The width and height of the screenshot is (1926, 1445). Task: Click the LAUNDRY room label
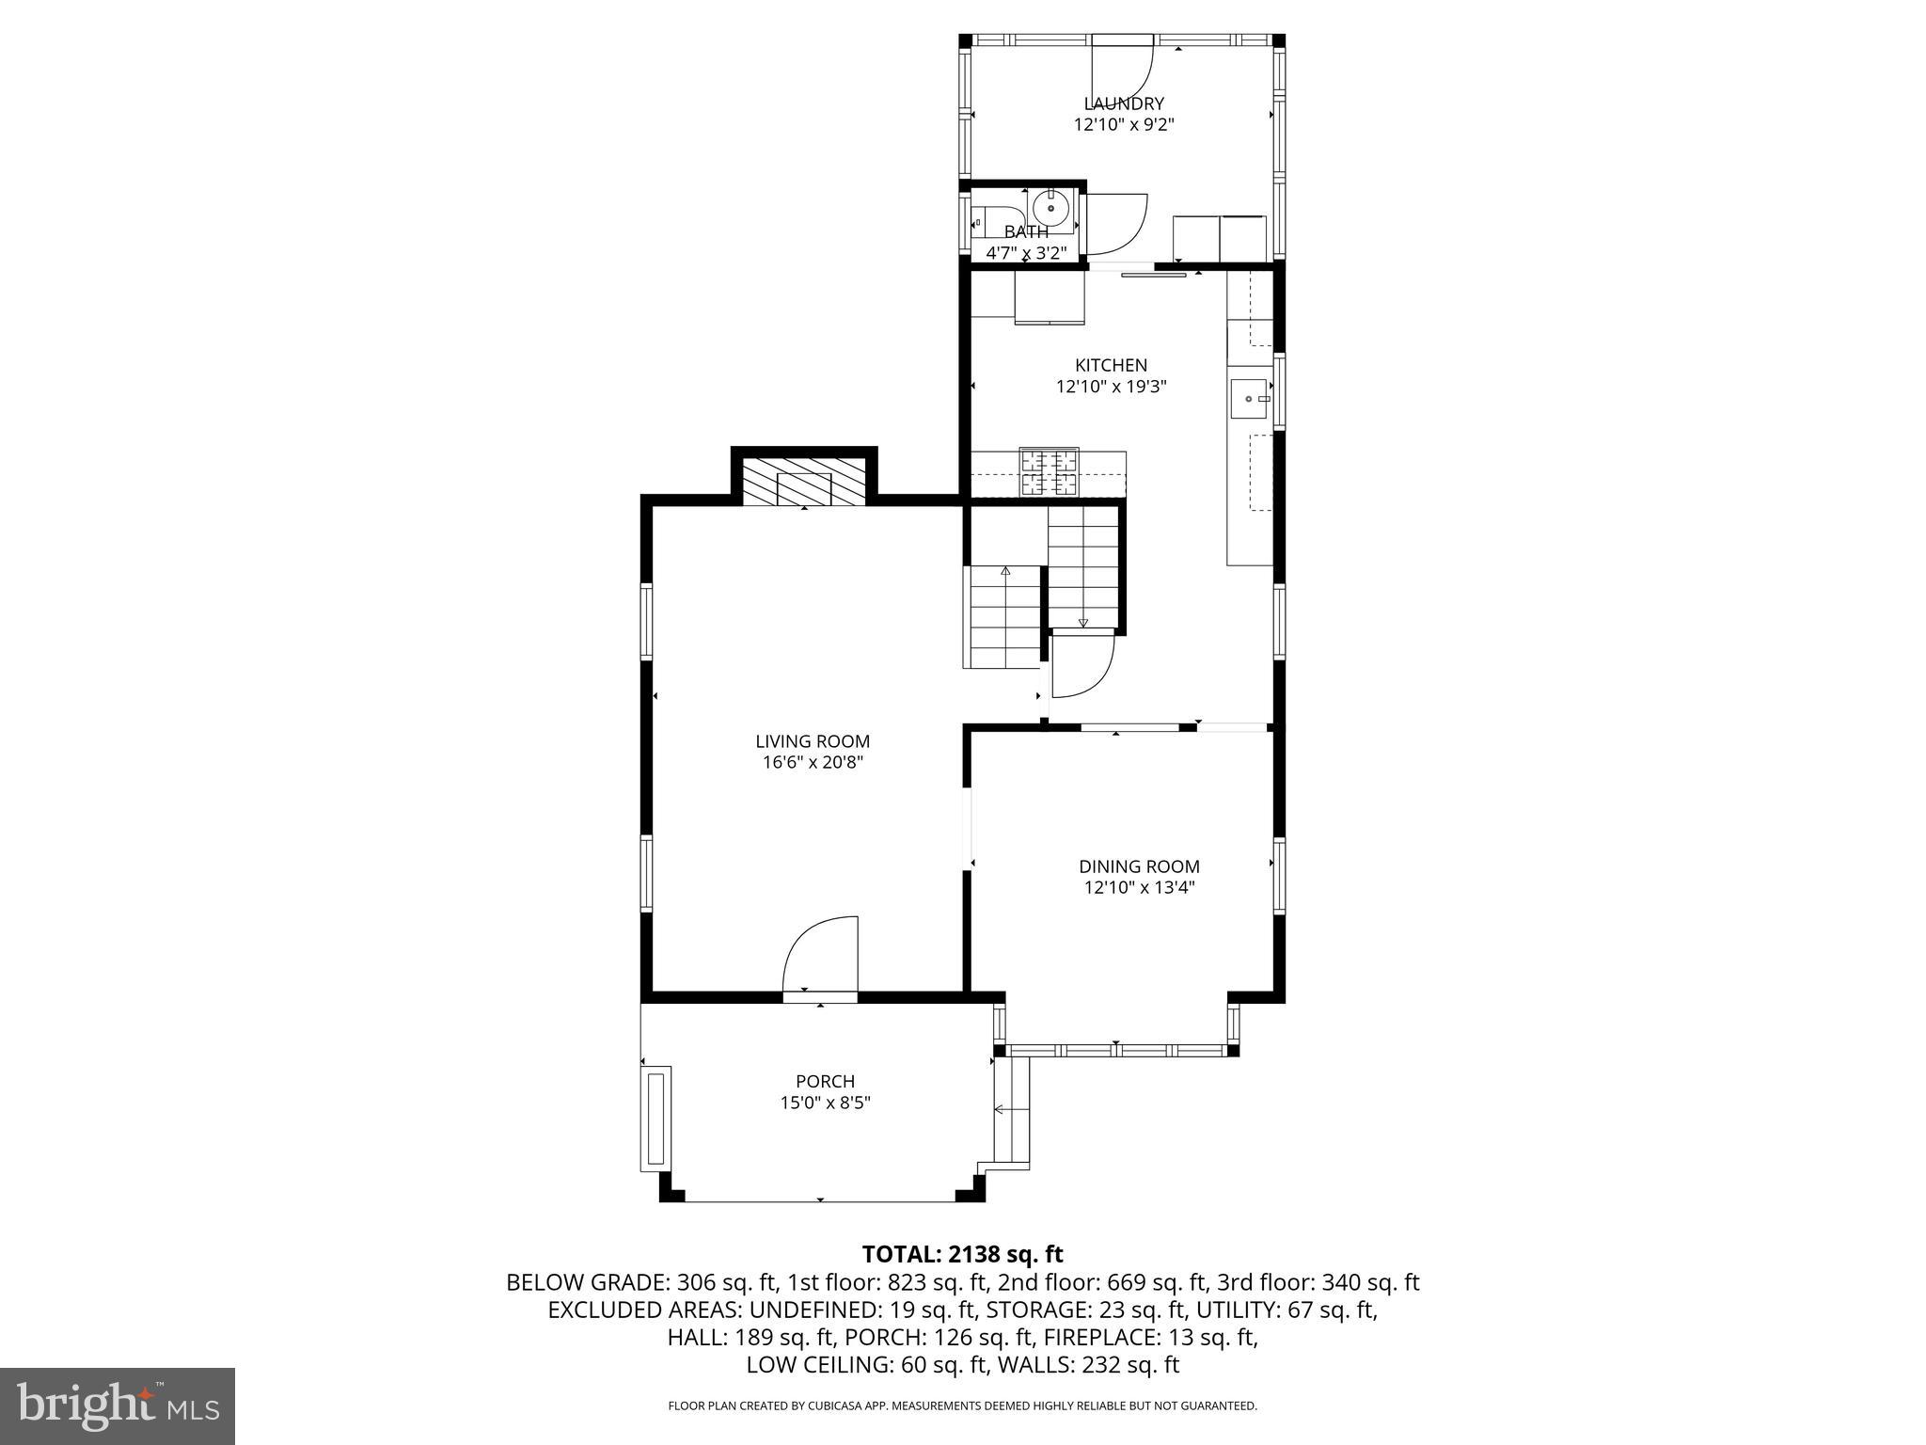pos(1124,103)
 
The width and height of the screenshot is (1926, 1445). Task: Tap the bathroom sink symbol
pos(1050,208)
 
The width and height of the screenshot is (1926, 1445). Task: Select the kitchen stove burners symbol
pos(1050,473)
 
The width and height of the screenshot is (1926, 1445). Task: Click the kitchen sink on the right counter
pos(1249,399)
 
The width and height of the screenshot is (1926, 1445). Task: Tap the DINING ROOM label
pos(1139,866)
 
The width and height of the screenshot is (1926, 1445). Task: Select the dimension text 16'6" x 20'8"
pos(813,763)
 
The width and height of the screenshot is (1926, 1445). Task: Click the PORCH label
pos(825,1082)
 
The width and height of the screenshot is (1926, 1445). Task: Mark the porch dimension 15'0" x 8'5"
pos(825,1103)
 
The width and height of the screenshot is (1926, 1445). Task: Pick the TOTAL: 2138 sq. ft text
pos(962,1254)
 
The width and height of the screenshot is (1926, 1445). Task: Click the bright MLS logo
pos(118,1406)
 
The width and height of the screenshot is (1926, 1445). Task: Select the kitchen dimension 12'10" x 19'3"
pos(1111,386)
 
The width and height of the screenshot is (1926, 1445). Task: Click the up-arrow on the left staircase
pos(1005,571)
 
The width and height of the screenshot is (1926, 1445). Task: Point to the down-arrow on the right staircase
pos(1082,622)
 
